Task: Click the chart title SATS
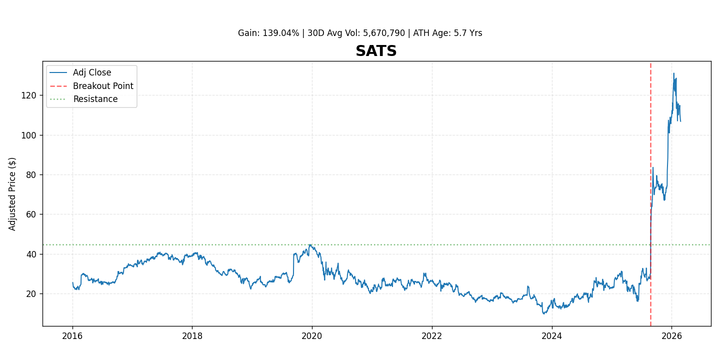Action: (376, 51)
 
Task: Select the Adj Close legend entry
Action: (92, 73)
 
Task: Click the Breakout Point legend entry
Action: (103, 86)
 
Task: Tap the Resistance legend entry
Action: (95, 99)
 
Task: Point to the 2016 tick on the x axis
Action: (72, 336)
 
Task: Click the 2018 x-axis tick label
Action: (192, 336)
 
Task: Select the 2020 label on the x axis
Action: (312, 336)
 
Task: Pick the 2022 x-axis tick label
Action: (432, 336)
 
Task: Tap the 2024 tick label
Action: (551, 336)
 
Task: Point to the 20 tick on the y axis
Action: (31, 293)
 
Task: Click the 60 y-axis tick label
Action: (31, 214)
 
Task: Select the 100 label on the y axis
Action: (29, 135)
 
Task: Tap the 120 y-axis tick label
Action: (29, 95)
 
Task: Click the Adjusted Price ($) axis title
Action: (12, 194)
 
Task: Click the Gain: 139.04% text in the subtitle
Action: (268, 33)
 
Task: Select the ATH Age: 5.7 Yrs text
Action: (447, 33)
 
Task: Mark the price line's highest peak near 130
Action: (673, 73)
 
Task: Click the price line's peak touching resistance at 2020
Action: (310, 244)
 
